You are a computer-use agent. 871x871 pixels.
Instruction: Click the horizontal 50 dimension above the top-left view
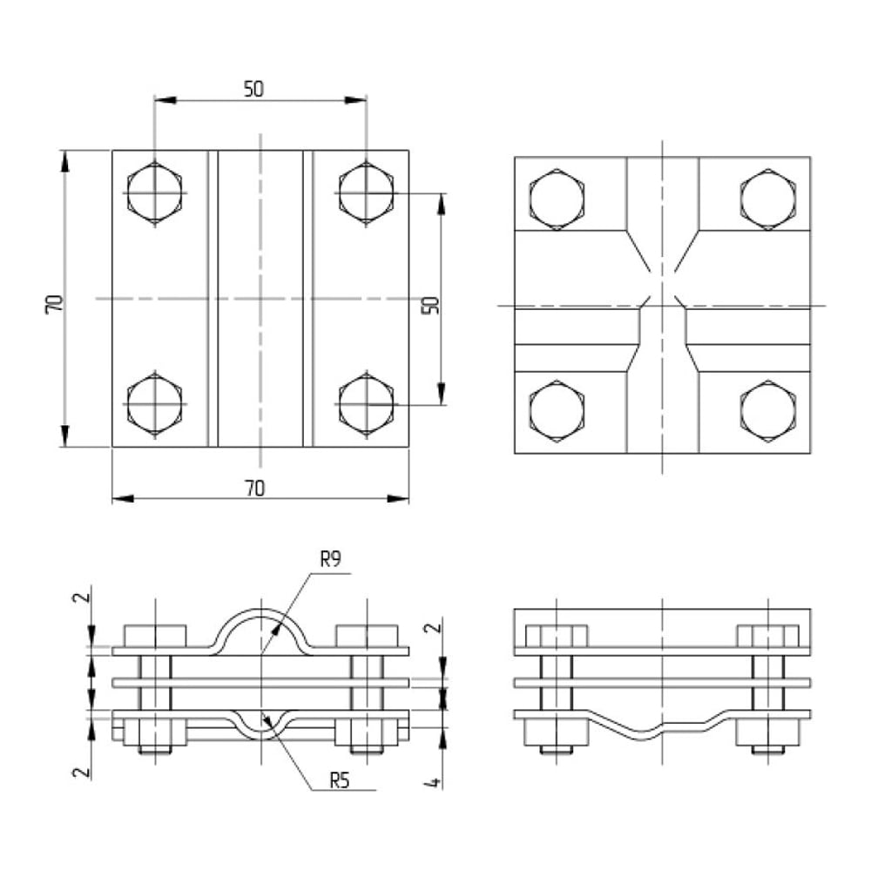click(253, 89)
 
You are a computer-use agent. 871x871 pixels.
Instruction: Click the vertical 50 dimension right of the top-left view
click(430, 305)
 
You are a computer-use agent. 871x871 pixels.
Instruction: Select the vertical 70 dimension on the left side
click(54, 304)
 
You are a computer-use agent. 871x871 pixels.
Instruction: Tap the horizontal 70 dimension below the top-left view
click(255, 489)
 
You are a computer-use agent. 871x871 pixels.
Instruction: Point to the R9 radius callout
click(330, 559)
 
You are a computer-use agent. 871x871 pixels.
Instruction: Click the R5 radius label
click(340, 780)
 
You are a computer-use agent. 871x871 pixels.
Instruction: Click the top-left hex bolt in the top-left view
click(154, 193)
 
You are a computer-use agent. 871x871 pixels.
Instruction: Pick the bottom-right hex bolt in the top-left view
click(366, 404)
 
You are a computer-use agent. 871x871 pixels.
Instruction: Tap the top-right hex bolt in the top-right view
click(768, 199)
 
